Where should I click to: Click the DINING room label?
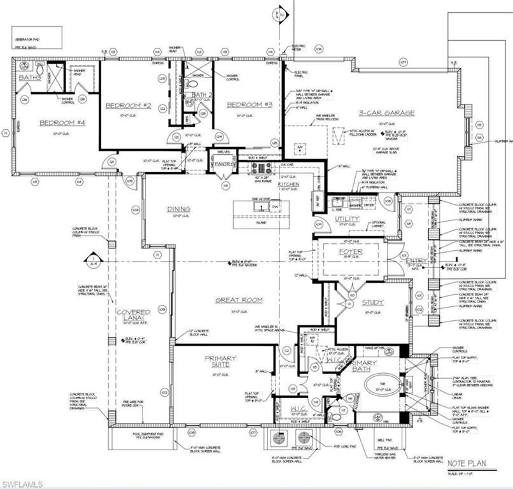click(179, 208)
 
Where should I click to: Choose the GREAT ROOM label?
click(239, 299)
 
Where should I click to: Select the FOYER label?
click(350, 252)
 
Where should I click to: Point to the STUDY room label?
click(373, 302)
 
